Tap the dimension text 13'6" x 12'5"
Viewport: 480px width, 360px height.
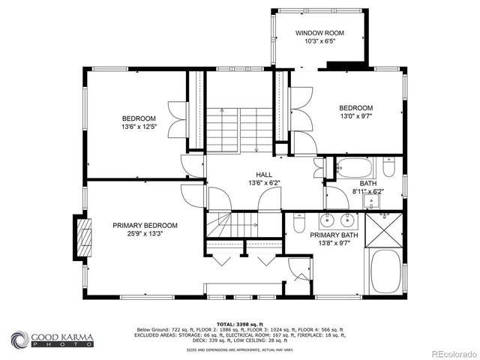click(139, 127)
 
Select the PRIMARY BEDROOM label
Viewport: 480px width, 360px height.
click(145, 225)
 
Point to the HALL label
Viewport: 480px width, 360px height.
click(258, 173)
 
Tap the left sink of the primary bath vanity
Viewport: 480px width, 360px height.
click(328, 220)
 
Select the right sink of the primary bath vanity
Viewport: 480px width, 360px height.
click(348, 220)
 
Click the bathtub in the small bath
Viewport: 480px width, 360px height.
click(355, 166)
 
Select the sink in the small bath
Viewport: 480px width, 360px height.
click(372, 199)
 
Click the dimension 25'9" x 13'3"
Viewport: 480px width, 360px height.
click(145, 234)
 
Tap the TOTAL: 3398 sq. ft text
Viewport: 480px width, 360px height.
click(240, 323)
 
